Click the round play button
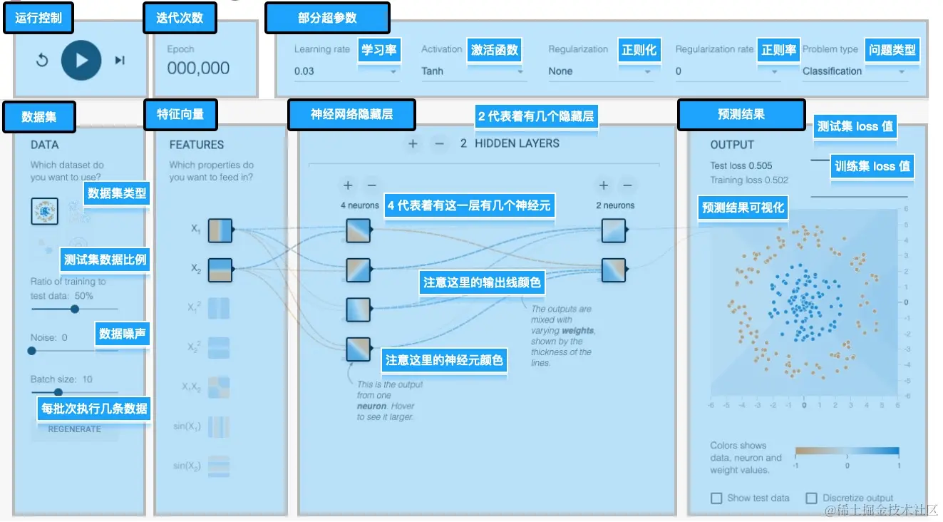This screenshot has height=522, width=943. tap(81, 60)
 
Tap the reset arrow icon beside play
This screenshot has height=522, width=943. tap(42, 60)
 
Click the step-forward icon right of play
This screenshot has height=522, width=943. tap(120, 60)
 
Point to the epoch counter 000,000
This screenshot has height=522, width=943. tap(198, 68)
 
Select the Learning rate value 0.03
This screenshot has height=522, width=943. tap(304, 71)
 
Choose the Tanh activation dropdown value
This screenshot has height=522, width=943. tap(432, 71)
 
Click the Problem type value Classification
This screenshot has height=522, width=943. tap(832, 71)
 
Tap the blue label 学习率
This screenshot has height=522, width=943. tap(378, 51)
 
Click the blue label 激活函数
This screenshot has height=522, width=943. tap(493, 51)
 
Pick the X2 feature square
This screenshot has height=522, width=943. tap(220, 270)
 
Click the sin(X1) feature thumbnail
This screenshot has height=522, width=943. tap(220, 427)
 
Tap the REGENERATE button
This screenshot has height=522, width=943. tap(74, 429)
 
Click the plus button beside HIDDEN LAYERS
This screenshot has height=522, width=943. tap(412, 144)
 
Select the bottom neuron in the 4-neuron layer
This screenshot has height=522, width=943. tap(359, 349)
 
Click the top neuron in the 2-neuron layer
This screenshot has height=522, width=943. tap(613, 230)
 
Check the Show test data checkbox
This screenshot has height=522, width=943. tap(716, 498)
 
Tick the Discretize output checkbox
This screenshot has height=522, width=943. tap(811, 498)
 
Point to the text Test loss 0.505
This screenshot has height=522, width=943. tap(741, 166)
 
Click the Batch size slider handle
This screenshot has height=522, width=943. tap(58, 391)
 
